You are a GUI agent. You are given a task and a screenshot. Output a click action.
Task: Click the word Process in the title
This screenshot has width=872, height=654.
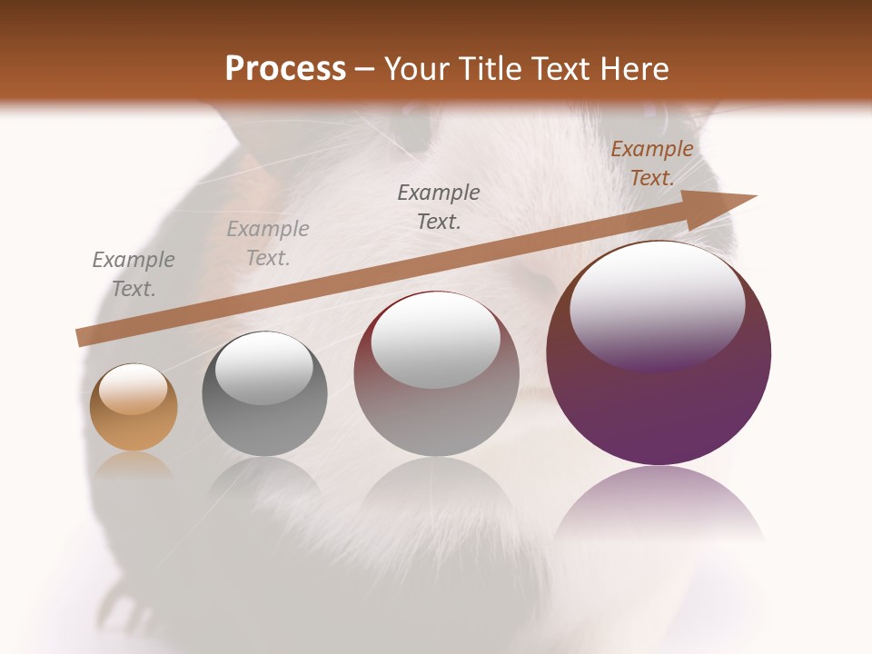click(285, 69)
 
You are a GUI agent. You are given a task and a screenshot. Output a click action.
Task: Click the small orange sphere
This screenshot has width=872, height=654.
click(134, 408)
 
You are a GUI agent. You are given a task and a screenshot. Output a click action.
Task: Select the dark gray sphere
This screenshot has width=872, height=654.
click(264, 394)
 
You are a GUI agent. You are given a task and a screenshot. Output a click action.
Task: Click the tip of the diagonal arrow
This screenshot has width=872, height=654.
click(754, 196)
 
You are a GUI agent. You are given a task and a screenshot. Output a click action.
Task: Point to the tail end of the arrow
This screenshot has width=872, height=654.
click(80, 338)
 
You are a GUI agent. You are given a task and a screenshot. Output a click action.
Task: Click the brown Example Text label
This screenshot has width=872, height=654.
click(651, 163)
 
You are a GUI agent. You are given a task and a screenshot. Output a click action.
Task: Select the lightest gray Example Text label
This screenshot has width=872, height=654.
click(268, 243)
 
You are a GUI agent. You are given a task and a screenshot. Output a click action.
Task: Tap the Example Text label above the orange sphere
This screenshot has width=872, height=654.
click(134, 273)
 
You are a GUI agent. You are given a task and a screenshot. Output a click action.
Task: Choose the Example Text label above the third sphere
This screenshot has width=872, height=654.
click(439, 206)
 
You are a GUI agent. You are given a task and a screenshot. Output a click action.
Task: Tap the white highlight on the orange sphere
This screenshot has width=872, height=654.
click(133, 388)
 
